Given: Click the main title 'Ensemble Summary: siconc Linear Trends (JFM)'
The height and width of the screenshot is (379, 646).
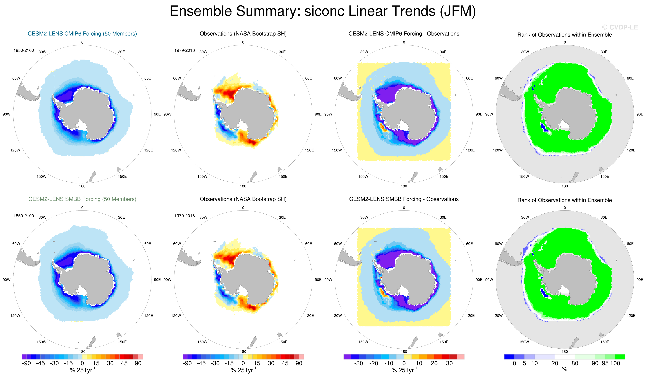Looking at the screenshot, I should click(x=323, y=11).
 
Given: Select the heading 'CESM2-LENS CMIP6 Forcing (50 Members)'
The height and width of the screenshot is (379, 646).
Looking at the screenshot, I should click(x=82, y=34).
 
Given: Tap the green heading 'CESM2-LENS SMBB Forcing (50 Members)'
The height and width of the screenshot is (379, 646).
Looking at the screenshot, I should click(x=82, y=199).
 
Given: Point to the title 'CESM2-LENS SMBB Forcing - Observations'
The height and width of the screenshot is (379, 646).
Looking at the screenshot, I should click(x=404, y=199).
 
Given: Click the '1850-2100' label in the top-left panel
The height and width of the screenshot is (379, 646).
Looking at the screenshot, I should click(x=24, y=50).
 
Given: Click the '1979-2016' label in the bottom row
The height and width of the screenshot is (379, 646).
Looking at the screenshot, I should click(x=185, y=216).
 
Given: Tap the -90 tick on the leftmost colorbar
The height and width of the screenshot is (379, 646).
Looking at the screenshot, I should click(x=26, y=363).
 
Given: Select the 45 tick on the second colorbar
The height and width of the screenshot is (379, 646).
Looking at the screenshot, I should click(x=285, y=363).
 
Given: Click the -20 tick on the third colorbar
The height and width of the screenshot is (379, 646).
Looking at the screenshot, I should click(x=373, y=363).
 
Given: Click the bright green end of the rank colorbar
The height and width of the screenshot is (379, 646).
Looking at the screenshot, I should click(x=620, y=357).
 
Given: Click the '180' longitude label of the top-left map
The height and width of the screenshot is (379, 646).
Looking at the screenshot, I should click(x=82, y=186).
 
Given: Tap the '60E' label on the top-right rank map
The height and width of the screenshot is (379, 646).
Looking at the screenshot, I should click(x=630, y=78).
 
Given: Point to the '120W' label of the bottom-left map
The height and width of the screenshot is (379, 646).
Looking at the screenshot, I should click(x=15, y=316).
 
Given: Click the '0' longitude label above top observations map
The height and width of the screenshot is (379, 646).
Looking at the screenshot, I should click(x=243, y=42).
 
